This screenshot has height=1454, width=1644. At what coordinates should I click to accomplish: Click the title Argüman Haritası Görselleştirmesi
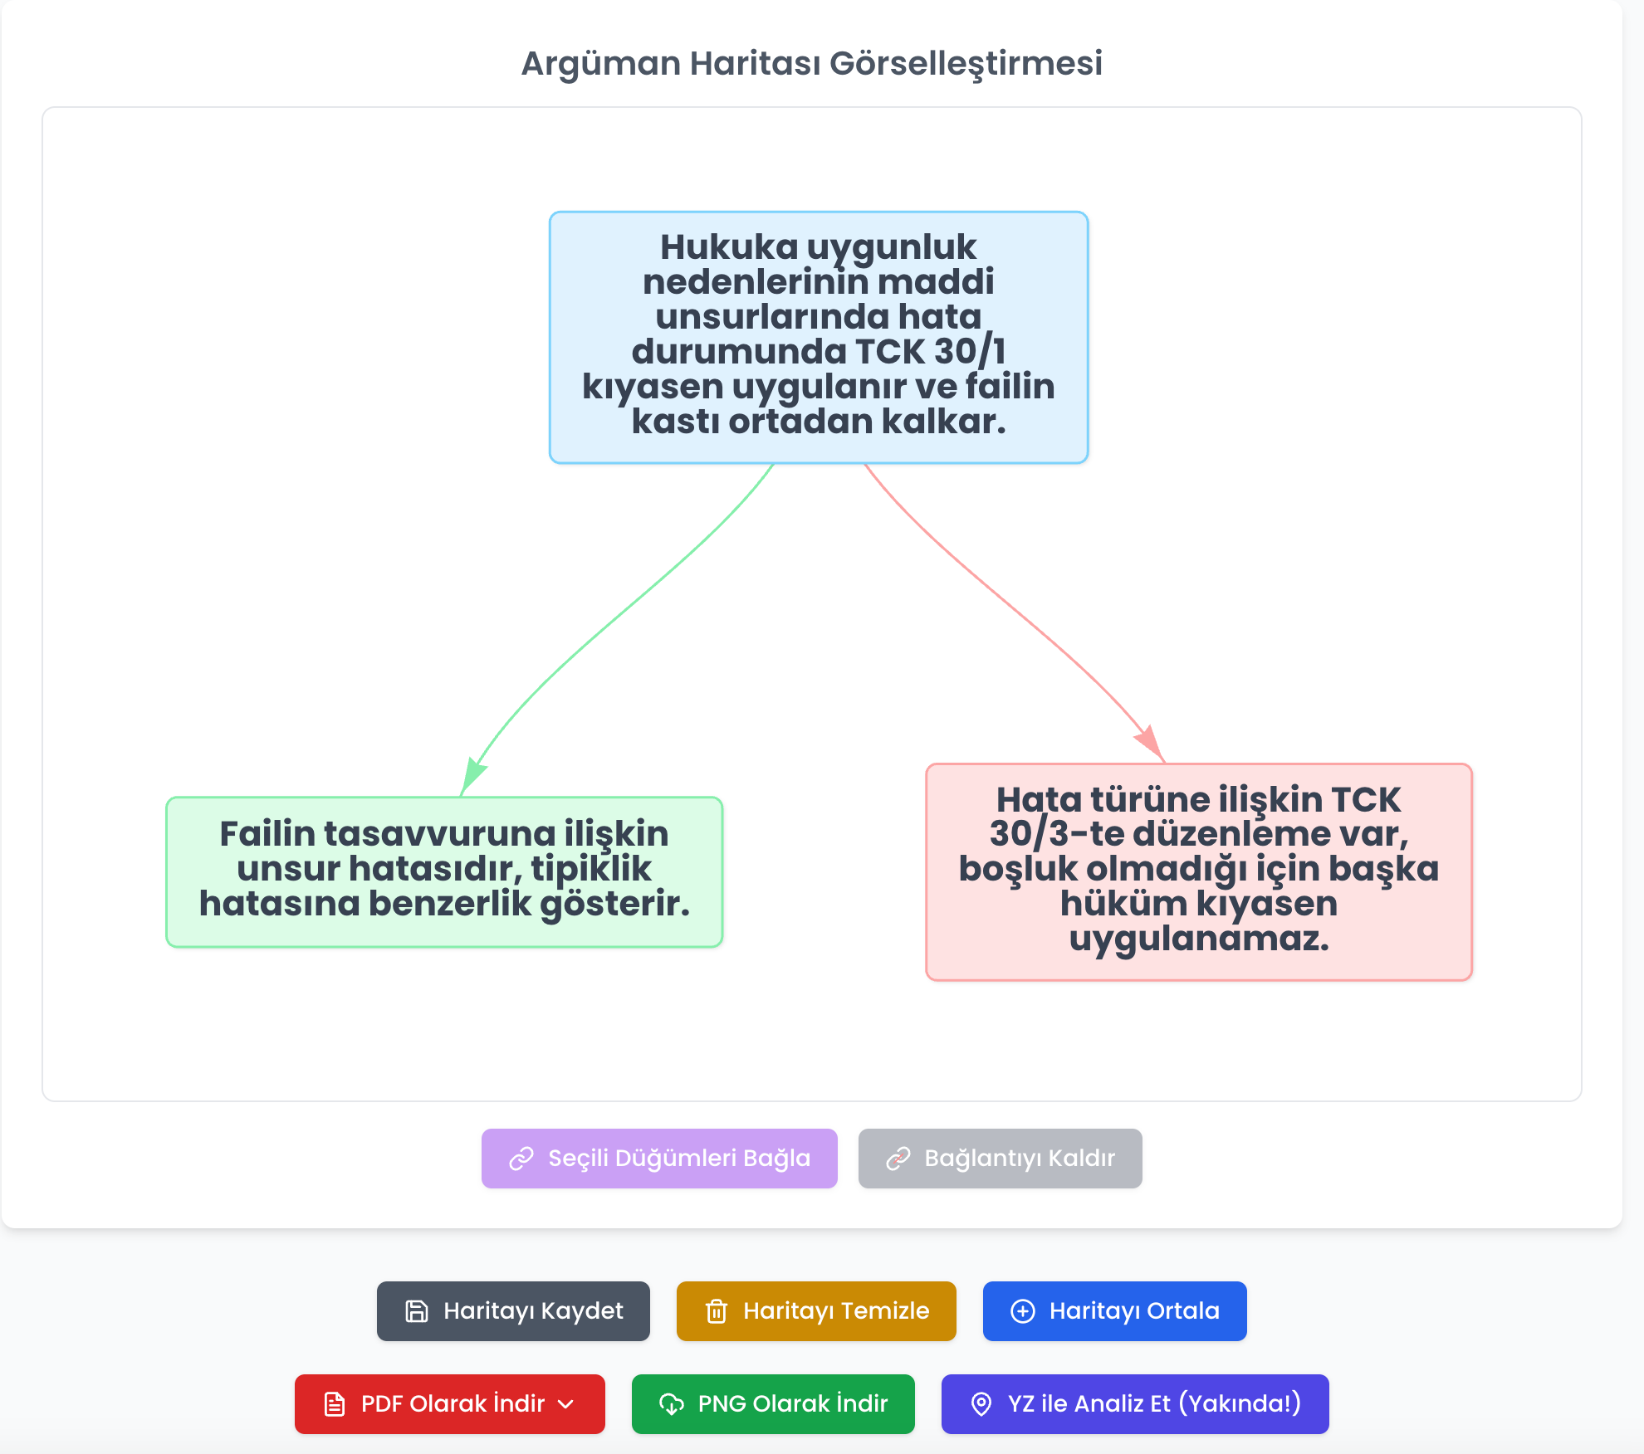pos(811,64)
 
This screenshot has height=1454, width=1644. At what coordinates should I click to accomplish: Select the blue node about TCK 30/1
pos(819,337)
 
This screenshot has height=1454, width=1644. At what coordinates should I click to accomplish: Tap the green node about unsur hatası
pos(444,871)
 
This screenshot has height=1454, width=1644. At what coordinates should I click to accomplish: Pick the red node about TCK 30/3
pos(1199,871)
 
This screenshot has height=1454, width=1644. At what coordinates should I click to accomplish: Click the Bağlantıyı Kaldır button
pos(1001,1159)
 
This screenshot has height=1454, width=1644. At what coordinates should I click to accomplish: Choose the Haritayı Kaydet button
pos(513,1311)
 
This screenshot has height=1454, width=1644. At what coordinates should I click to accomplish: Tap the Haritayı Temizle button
pos(816,1311)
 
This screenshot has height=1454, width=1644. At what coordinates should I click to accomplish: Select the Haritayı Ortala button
pos(1115,1311)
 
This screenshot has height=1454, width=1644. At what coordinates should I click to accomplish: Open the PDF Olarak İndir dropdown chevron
pos(566,1404)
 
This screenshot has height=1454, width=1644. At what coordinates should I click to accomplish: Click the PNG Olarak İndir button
pos(773,1404)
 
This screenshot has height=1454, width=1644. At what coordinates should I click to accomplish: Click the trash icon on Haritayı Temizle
pos(717,1311)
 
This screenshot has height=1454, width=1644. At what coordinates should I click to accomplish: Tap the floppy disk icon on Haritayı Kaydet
pos(417,1311)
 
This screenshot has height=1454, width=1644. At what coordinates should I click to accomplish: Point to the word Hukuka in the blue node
pos(729,247)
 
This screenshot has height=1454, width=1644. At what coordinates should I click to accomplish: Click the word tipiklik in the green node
pos(591,869)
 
